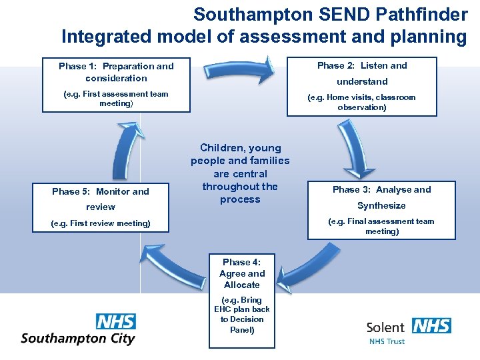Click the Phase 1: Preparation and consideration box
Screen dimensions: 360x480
[116, 84]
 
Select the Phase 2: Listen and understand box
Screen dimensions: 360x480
[361, 86]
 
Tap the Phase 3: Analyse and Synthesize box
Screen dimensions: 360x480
[381, 209]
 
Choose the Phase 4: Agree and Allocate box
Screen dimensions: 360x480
[241, 295]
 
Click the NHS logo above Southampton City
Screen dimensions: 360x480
[115, 321]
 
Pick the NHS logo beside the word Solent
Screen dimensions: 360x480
[431, 326]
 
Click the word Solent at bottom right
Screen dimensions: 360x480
[385, 327]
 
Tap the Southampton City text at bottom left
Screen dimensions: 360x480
[78, 338]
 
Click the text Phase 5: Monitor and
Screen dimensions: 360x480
[101, 191]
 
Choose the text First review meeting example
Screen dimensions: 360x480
[101, 223]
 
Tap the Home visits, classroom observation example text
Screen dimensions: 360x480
[361, 102]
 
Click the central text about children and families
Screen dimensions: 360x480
[240, 173]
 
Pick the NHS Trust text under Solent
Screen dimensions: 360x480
[387, 341]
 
